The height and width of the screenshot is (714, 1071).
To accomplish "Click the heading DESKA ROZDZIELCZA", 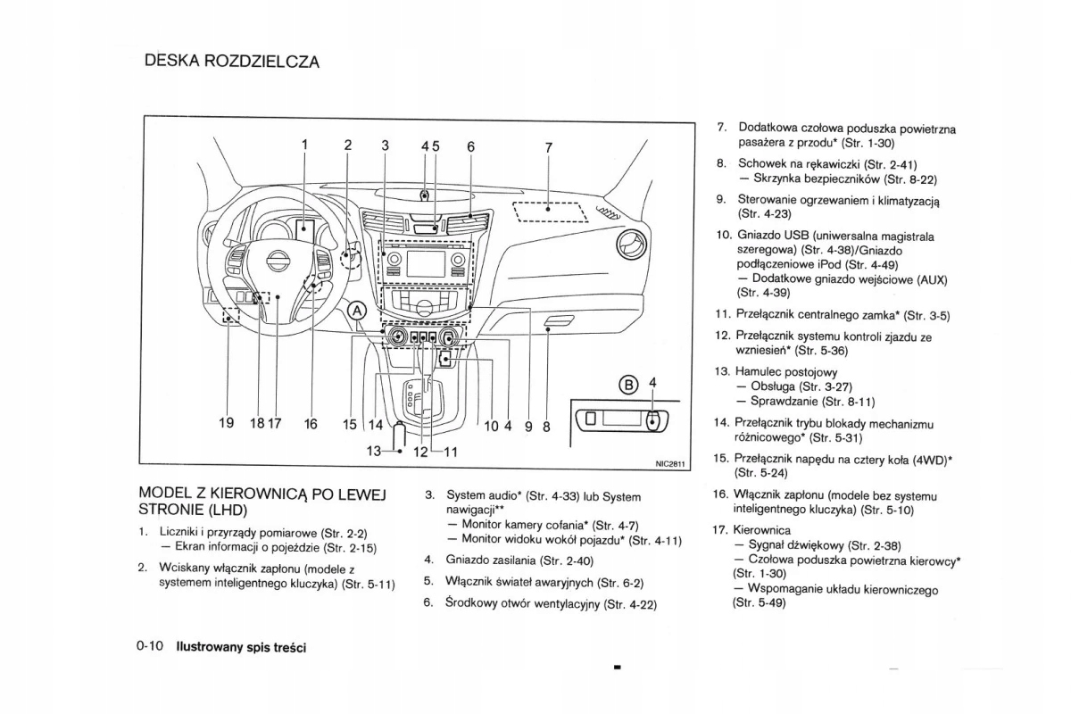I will pos(231,62).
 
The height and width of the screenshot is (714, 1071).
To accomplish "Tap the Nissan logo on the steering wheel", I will pos(279,262).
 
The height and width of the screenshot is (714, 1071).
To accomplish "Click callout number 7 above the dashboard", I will pos(548,147).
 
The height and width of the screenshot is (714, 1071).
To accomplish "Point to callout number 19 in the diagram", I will pos(227,424).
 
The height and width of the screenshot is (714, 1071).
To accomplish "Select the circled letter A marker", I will pos(357,311).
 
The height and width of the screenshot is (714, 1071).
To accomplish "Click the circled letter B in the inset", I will pos(628,386).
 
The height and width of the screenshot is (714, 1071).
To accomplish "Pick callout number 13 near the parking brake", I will pos(375,451).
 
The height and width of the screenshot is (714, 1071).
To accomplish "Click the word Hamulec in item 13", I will pos(760,371).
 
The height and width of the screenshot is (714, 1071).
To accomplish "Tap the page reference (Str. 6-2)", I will pos(619,583).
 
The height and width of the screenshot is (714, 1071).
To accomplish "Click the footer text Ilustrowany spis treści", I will pos(241,647).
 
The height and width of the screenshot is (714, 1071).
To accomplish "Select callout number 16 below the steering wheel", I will pos(311,424).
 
